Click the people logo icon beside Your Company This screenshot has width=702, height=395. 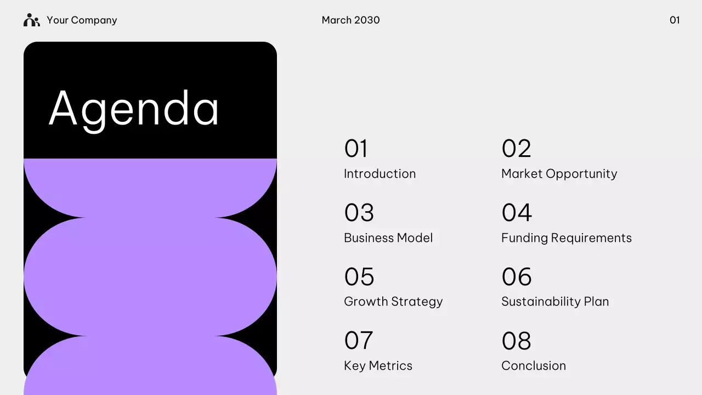click(x=32, y=20)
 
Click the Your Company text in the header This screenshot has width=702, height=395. click(x=82, y=20)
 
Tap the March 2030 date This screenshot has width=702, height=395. click(x=350, y=20)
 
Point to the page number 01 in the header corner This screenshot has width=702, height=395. click(x=675, y=20)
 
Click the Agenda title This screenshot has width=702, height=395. click(x=133, y=110)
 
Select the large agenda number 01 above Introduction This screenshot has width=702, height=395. click(x=356, y=148)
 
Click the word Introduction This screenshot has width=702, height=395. click(x=380, y=174)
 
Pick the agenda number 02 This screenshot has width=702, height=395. click(x=517, y=148)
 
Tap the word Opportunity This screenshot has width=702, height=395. click(x=581, y=174)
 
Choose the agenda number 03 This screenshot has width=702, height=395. click(x=359, y=212)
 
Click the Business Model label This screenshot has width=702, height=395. click(x=388, y=238)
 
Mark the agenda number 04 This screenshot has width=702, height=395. click(x=517, y=212)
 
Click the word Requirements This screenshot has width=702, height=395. click(x=591, y=238)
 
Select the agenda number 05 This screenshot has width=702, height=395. click(x=359, y=276)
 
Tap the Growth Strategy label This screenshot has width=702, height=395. click(x=393, y=302)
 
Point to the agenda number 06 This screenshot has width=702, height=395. click(x=517, y=276)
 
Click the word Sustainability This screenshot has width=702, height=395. click(x=541, y=302)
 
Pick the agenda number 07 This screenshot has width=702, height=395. click(x=359, y=341)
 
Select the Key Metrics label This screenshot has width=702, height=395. click(x=378, y=366)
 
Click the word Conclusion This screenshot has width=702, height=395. click(x=534, y=366)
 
